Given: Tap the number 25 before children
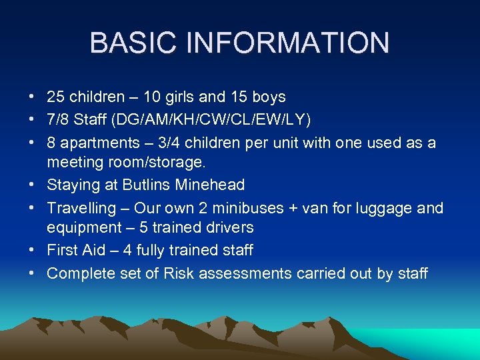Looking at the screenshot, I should coord(56,97).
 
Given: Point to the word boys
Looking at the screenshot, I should coord(269,97).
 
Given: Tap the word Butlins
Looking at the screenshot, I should coord(143,185).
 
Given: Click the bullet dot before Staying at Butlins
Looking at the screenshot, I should coord(32,185).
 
